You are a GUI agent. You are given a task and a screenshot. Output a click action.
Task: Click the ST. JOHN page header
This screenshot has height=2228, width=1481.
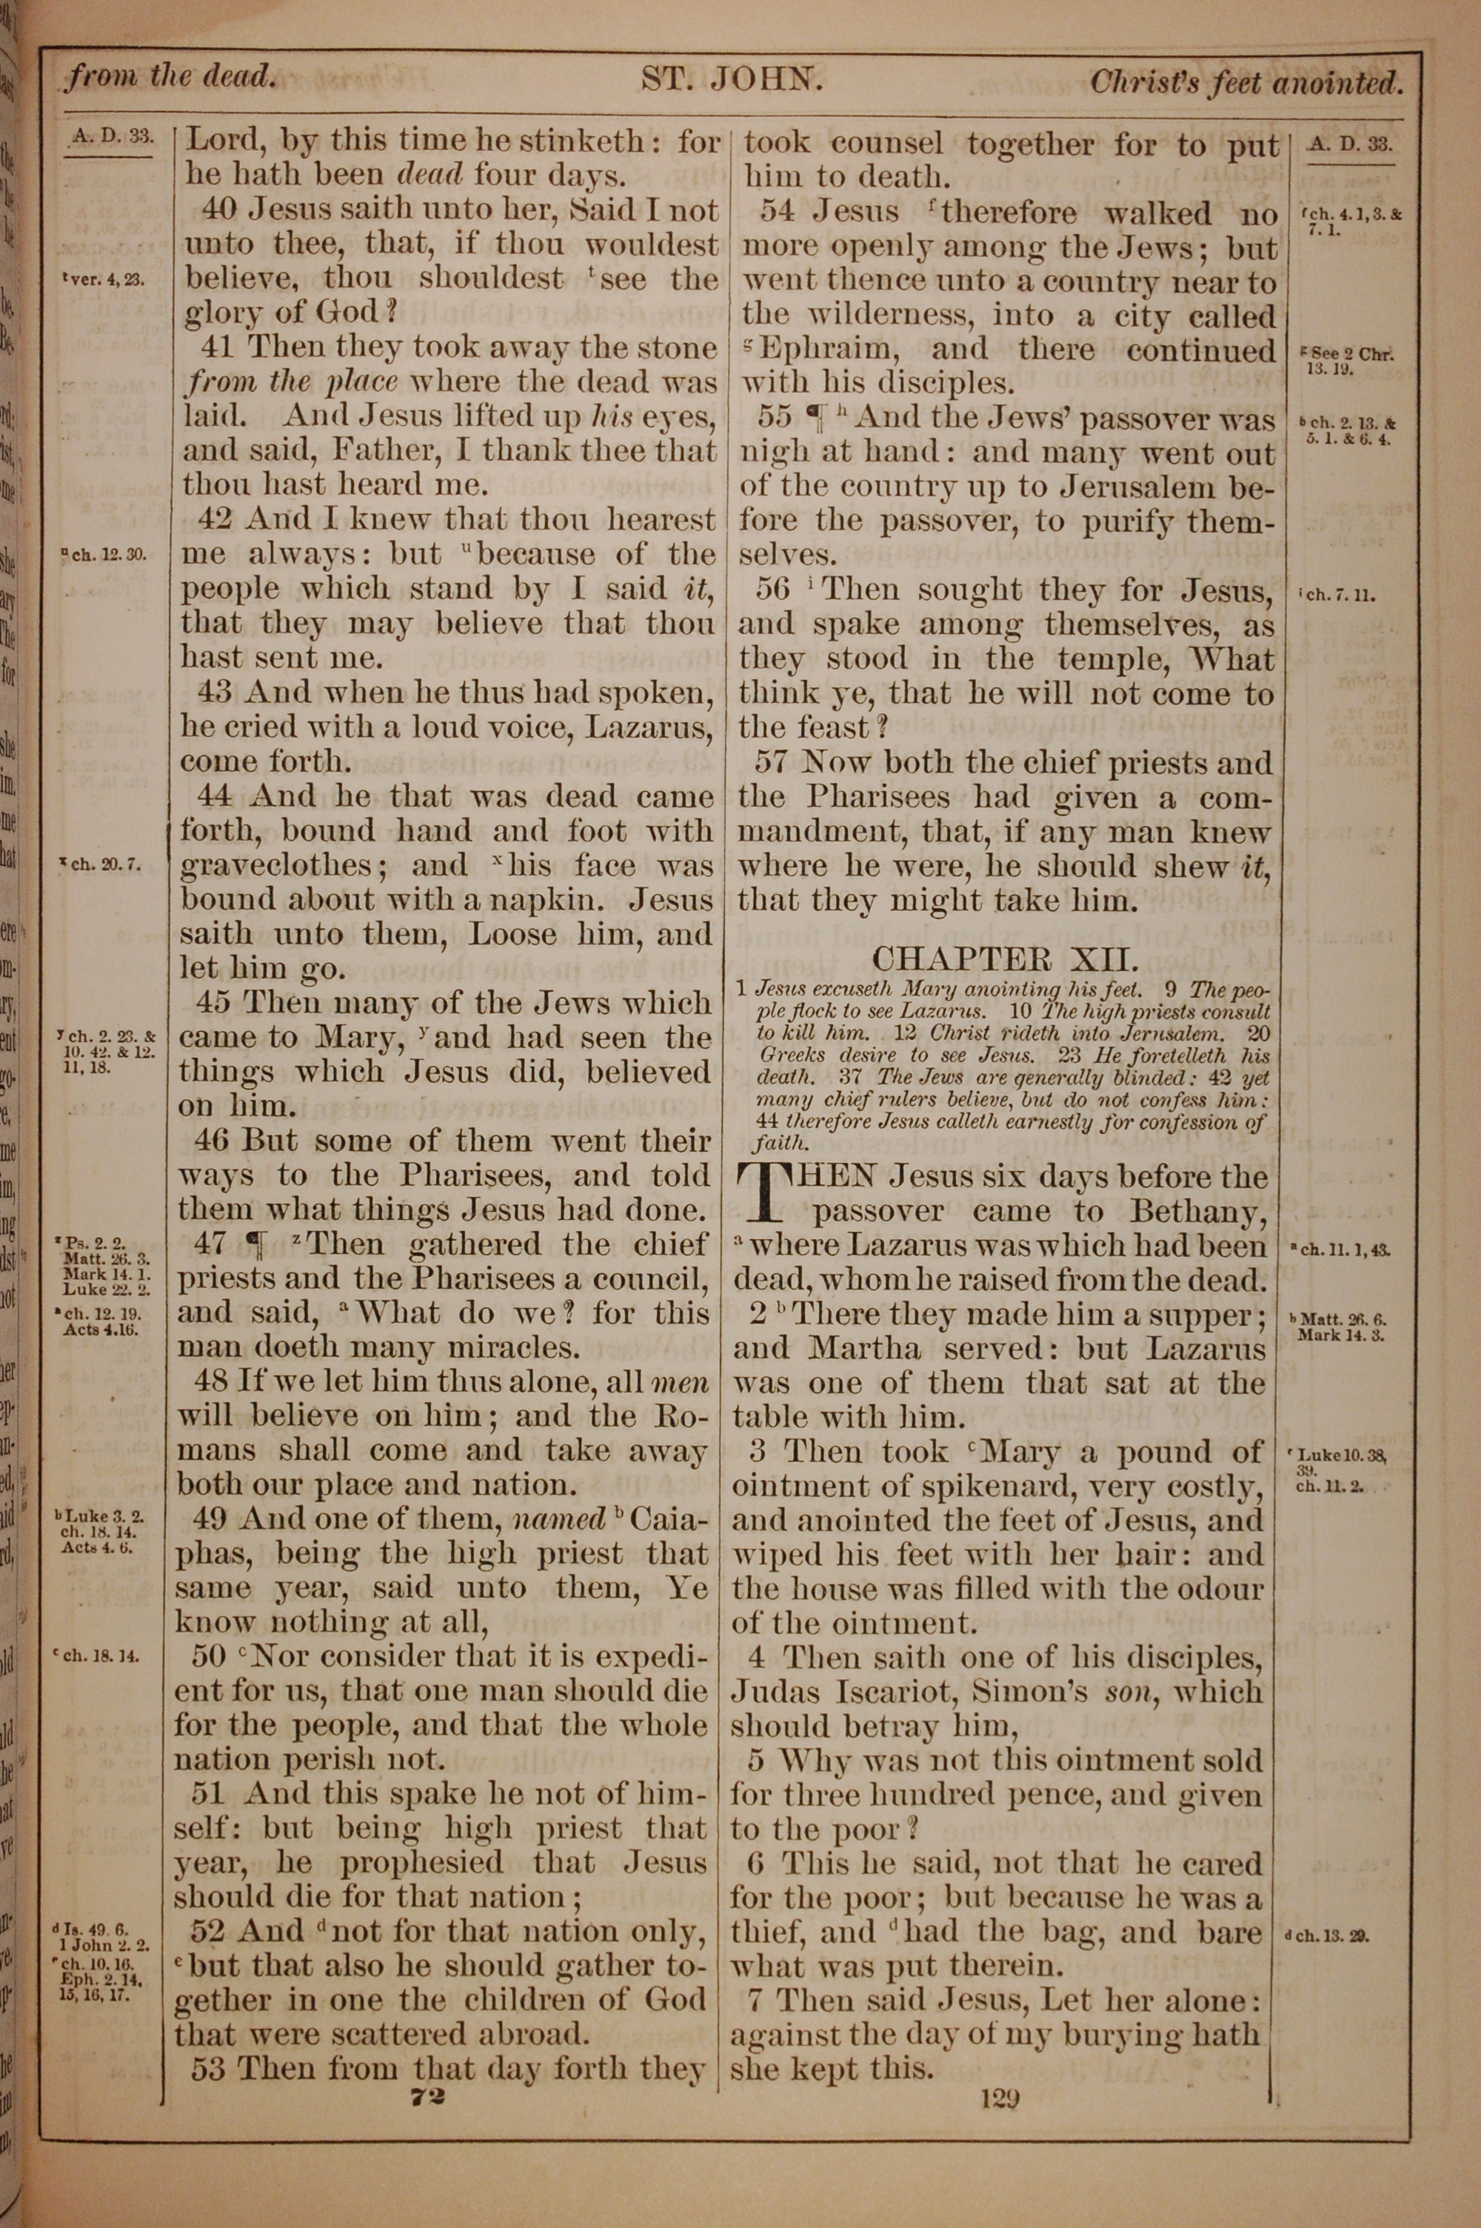point(732,79)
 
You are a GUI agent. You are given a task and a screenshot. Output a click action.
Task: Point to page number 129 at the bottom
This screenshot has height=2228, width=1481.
point(1001,2101)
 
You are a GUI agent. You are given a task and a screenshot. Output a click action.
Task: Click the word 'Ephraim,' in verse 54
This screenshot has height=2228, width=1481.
point(823,350)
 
